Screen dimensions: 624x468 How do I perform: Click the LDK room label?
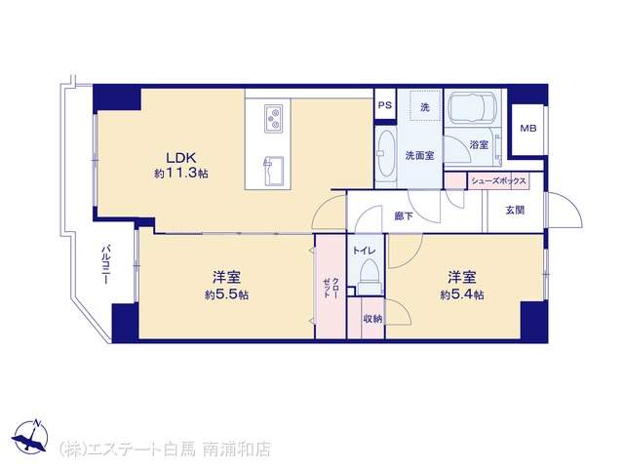pos(181,158)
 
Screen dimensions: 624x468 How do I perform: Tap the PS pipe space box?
pos(385,104)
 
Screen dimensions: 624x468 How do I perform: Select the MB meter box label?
pos(528,128)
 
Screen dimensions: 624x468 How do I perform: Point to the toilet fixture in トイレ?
pos(370,277)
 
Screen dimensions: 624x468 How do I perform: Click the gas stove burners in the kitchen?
pos(273,119)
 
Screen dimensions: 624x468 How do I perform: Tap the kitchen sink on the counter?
pos(273,172)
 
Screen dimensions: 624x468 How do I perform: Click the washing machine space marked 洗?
pos(425,105)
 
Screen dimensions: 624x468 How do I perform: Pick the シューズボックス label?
pos(498,181)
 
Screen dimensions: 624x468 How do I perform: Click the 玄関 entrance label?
pos(515,210)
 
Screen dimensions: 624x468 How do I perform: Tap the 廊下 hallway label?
pos(404,215)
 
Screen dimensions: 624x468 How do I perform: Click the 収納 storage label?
pos(372,319)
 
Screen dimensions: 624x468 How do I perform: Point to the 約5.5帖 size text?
pos(227,294)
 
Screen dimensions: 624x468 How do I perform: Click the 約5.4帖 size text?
pos(462,294)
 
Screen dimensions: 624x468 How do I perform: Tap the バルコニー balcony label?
pos(105,264)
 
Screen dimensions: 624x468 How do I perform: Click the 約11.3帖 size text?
pos(181,174)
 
